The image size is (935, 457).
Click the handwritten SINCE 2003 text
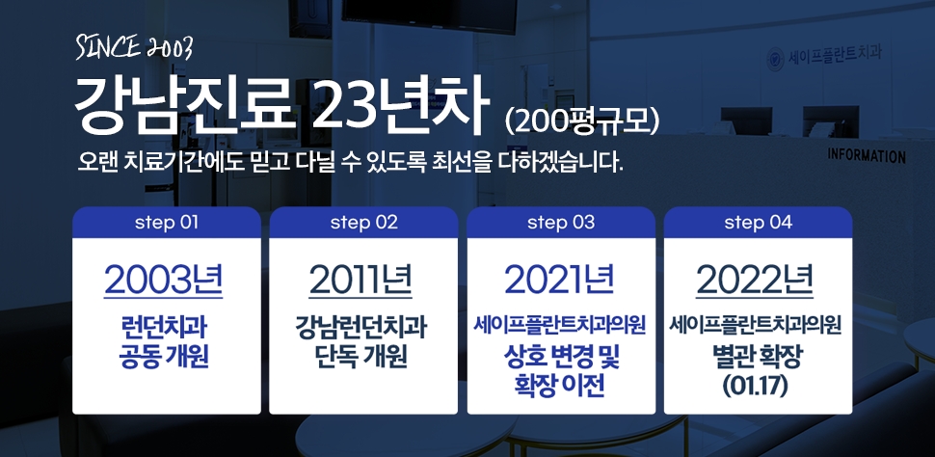point(134,48)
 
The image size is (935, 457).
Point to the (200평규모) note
point(581,121)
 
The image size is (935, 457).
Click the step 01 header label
point(167,223)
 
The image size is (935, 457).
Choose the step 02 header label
point(363,223)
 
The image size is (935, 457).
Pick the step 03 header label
point(561,223)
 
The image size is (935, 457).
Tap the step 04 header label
point(758,223)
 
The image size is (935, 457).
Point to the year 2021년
point(559,279)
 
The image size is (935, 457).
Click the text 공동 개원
point(164,358)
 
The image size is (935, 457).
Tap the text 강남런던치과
point(361,328)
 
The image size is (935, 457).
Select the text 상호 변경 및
point(561,360)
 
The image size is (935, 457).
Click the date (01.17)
point(755,387)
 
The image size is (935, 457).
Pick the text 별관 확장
point(755,358)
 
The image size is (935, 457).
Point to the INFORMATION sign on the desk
point(866,156)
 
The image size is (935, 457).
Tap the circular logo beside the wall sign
point(775,60)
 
